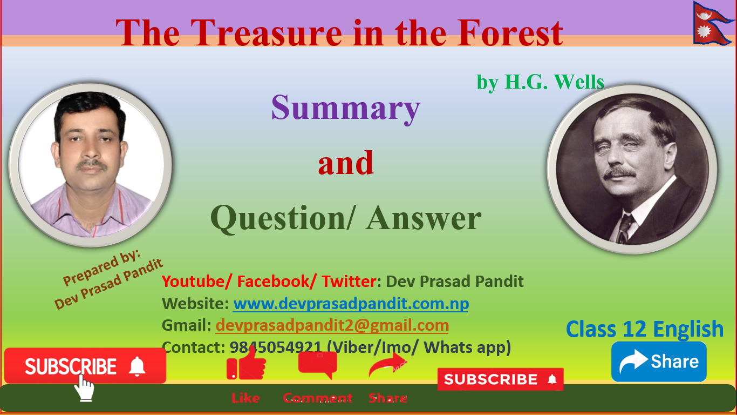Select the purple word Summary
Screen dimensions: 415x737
click(x=345, y=108)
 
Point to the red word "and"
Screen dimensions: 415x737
click(x=346, y=163)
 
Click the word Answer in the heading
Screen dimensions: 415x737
click(x=424, y=218)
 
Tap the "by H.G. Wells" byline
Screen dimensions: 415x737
click(x=540, y=82)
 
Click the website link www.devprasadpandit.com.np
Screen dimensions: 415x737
click(x=351, y=304)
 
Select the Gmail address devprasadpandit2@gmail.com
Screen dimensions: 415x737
click(x=332, y=325)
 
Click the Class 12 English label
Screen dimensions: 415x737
click(x=645, y=329)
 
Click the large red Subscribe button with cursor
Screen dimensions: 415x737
click(x=70, y=366)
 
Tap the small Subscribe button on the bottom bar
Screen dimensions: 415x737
click(x=500, y=379)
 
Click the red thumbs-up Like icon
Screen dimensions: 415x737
click(x=246, y=363)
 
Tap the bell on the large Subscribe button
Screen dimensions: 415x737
click(x=138, y=366)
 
